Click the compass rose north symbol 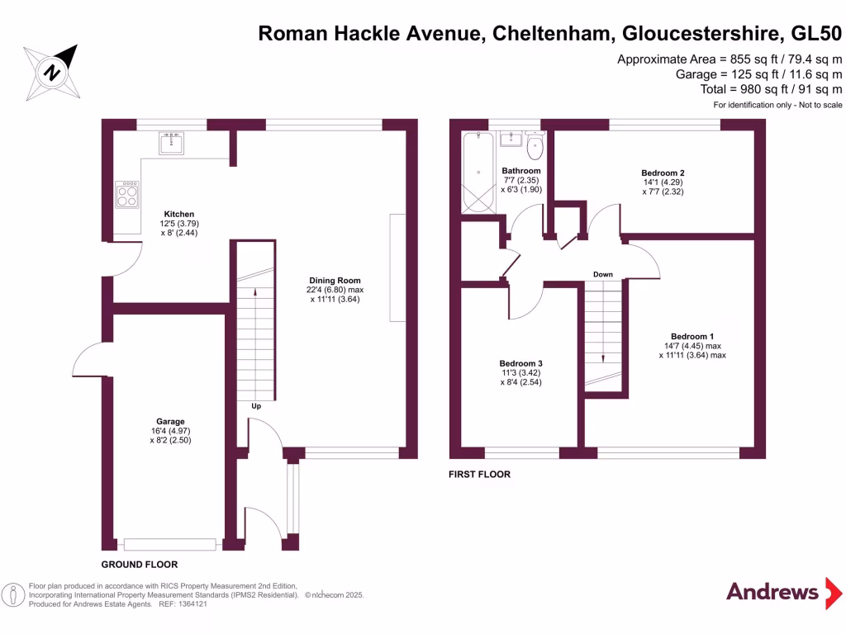[53, 72]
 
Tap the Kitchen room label [179, 213]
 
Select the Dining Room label [335, 281]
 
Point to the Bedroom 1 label [692, 336]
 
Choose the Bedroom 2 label [663, 173]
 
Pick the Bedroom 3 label [520, 363]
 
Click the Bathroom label [521, 171]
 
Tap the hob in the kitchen [127, 195]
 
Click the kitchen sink [172, 142]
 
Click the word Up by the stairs [257, 406]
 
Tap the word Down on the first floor [602, 274]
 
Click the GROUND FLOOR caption [140, 565]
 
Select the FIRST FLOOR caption [479, 475]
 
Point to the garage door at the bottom [169, 544]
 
